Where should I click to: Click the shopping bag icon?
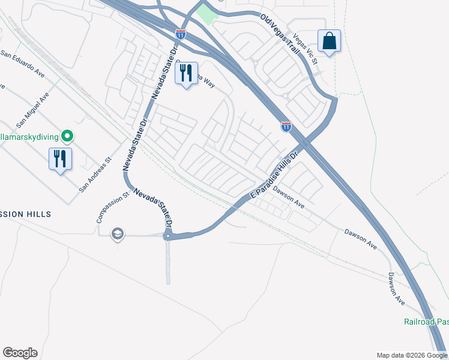[x=329, y=41]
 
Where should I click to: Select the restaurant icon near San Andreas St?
[x=60, y=159]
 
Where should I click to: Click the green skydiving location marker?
[x=68, y=136]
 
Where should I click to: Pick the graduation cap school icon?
[x=118, y=233]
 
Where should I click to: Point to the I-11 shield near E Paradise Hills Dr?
[x=286, y=126]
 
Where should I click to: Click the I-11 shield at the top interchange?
[x=181, y=34]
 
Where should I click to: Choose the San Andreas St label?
[x=96, y=175]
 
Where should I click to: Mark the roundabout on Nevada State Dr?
[x=169, y=236]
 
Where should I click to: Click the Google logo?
[x=20, y=353]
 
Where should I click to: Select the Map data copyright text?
[x=412, y=355]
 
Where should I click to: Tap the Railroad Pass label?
[x=426, y=322]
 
